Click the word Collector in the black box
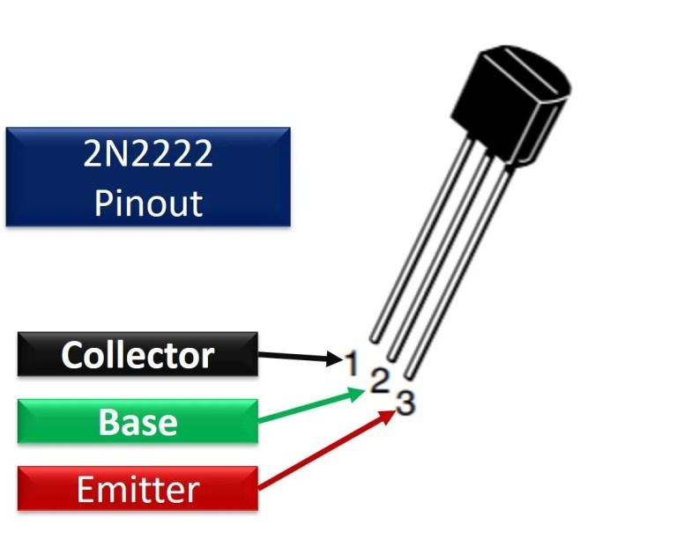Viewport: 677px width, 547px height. point(138,355)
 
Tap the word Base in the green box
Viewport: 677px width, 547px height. point(138,422)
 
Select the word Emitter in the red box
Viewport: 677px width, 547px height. point(138,489)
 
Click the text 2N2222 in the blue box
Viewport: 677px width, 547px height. point(148,155)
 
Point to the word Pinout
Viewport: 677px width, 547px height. point(148,203)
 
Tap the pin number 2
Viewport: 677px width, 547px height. point(379,381)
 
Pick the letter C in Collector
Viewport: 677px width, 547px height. point(72,355)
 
